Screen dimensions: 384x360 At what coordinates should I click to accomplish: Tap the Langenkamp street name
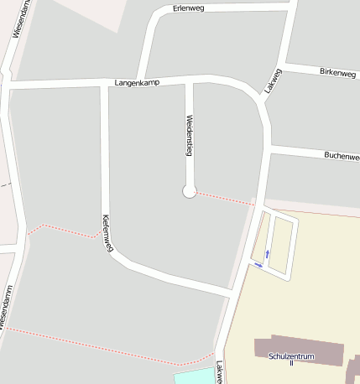click(x=137, y=81)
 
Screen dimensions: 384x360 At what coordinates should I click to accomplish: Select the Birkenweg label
click(x=337, y=72)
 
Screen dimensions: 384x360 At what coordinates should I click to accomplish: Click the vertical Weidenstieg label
click(x=190, y=135)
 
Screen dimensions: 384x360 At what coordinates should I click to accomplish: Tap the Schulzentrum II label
click(x=291, y=358)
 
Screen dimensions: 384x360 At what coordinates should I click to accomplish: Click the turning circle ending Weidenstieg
click(x=189, y=192)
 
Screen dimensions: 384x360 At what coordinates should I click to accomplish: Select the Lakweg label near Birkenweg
click(x=273, y=80)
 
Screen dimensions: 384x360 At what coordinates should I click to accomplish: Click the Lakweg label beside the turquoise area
click(x=219, y=372)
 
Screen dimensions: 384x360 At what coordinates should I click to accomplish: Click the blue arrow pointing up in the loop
click(x=268, y=252)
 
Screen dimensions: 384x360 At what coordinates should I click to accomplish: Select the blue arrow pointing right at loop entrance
click(x=258, y=266)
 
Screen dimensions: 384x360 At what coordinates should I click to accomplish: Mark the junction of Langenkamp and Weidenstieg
click(x=190, y=80)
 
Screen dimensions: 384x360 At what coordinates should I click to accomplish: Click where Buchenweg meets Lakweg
click(x=269, y=148)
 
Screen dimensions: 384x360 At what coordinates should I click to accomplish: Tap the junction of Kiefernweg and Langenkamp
click(x=105, y=83)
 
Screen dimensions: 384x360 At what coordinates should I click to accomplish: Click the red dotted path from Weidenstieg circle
click(x=223, y=198)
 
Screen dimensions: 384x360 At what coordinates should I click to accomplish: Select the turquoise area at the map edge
click(x=193, y=376)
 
